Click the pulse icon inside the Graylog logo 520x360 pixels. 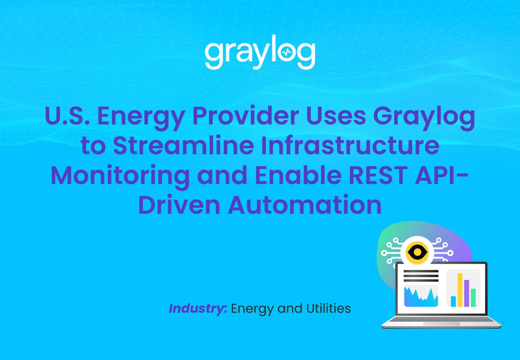287,52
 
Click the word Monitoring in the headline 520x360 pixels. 120,175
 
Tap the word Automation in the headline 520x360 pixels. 305,205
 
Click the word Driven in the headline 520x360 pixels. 179,205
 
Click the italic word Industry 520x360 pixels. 197,309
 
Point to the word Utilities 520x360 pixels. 328,309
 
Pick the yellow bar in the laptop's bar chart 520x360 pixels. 460,290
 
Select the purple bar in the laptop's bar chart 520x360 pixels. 467,293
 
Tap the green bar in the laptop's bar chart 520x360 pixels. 473,297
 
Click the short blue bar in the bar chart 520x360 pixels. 453,301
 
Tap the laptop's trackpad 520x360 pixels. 441,324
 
